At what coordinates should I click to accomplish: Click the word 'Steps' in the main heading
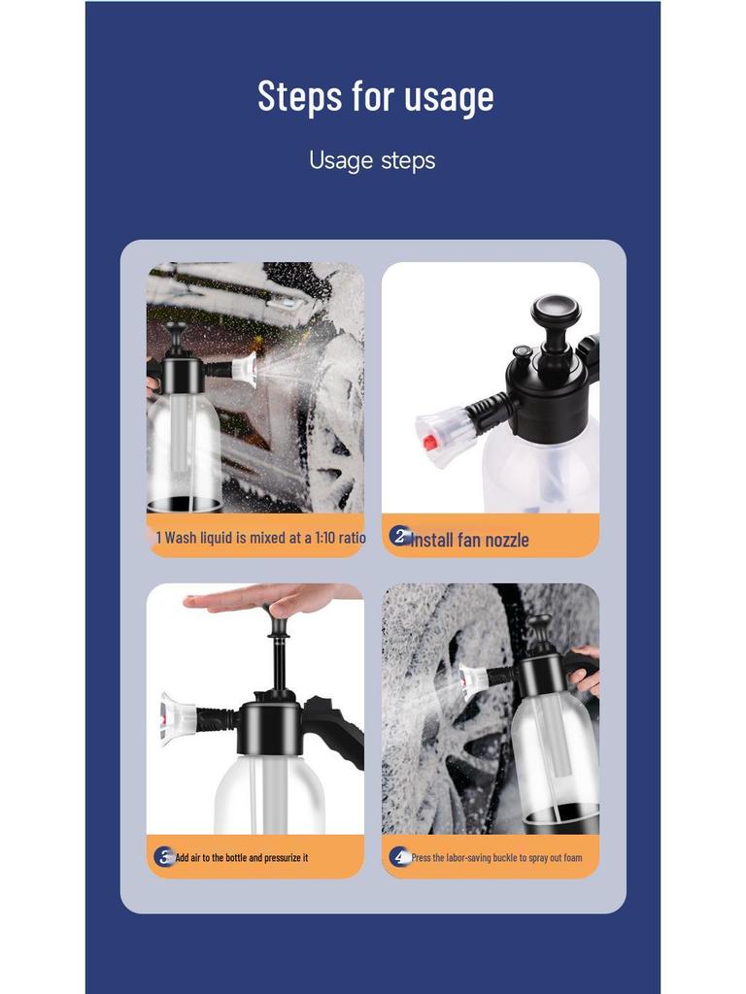pyautogui.click(x=299, y=96)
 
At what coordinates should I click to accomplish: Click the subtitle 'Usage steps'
pyautogui.click(x=372, y=160)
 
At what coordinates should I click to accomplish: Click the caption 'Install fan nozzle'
pyautogui.click(x=470, y=540)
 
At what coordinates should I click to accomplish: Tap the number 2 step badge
pyautogui.click(x=399, y=536)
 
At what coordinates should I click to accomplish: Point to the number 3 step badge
pyautogui.click(x=164, y=856)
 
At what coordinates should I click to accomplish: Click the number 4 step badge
pyautogui.click(x=399, y=856)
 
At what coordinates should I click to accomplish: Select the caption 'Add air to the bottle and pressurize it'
pyautogui.click(x=242, y=858)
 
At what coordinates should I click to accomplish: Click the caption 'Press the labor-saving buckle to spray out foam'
pyautogui.click(x=496, y=858)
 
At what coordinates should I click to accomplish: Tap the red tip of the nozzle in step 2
pyautogui.click(x=427, y=443)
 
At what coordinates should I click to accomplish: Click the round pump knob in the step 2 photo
pyautogui.click(x=556, y=314)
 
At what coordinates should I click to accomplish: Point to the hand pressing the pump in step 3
pyautogui.click(x=262, y=599)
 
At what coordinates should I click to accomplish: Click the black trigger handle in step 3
pyautogui.click(x=335, y=723)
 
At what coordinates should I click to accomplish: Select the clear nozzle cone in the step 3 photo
pyautogui.click(x=177, y=718)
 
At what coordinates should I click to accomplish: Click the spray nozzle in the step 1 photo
pyautogui.click(x=244, y=369)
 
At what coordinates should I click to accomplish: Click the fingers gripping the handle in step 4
pyautogui.click(x=586, y=670)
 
